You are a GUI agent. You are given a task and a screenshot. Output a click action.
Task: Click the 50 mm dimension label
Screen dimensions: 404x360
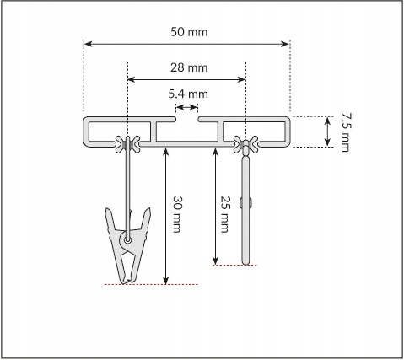pos(189,32)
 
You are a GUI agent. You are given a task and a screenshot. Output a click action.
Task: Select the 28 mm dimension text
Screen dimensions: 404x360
pos(189,67)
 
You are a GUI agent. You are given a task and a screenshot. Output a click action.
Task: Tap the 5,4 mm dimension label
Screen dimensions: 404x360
pos(188,94)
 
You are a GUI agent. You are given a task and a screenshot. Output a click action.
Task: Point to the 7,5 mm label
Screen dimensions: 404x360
pos(346,132)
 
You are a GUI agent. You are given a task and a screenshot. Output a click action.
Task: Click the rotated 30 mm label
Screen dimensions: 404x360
pos(177,214)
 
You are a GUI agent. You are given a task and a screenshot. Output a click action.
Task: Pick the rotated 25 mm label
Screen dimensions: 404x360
pos(225,214)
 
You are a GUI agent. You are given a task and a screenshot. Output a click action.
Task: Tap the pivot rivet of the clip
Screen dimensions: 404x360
pos(128,240)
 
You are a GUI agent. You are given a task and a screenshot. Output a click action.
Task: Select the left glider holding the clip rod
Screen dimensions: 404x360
pos(127,144)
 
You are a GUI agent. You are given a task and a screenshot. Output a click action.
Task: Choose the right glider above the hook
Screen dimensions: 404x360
pos(246,144)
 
